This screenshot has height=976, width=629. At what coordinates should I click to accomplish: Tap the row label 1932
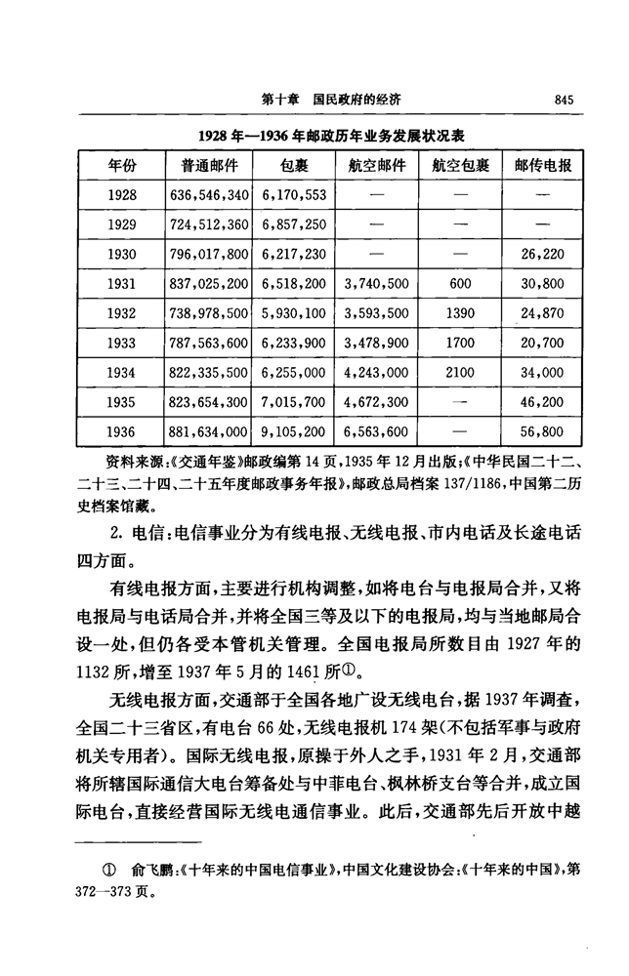122,314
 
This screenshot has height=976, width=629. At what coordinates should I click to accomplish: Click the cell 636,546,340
209,195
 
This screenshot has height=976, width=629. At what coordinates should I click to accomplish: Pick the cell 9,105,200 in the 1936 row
294,432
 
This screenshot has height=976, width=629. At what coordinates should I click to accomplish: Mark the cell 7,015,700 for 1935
294,403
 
